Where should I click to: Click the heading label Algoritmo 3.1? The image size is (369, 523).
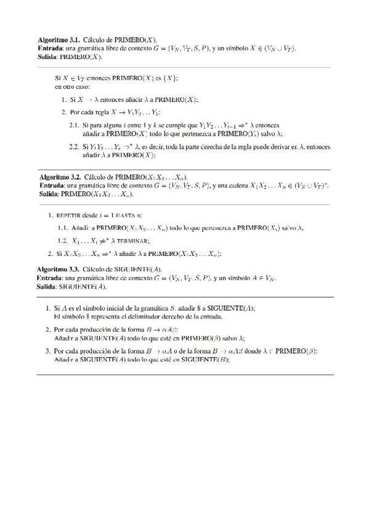(x=59, y=38)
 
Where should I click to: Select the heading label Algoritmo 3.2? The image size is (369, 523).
(x=60, y=177)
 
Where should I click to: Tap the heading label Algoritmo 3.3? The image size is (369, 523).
(x=59, y=270)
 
